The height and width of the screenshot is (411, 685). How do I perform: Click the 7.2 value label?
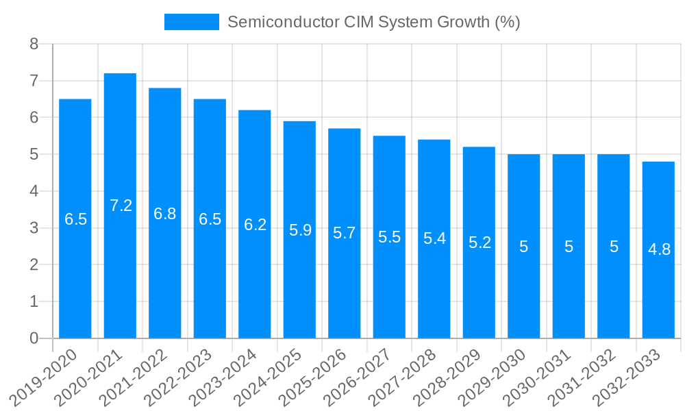click(x=121, y=206)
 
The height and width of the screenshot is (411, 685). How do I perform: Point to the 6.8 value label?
click(x=165, y=214)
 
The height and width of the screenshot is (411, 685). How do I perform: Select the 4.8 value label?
click(x=659, y=249)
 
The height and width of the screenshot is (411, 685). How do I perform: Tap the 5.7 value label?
click(x=345, y=233)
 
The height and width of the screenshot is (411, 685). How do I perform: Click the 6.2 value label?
click(x=255, y=225)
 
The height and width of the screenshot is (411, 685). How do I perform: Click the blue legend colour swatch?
click(x=191, y=22)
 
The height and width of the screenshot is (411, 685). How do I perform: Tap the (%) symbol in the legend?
click(x=507, y=22)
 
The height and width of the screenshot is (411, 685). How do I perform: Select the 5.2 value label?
click(x=480, y=242)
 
